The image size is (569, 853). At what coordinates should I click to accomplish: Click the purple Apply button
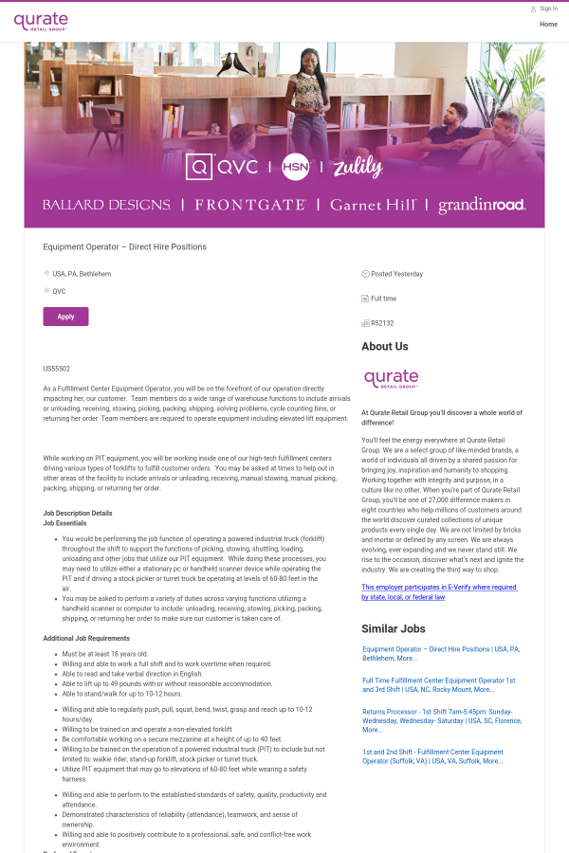click(x=65, y=317)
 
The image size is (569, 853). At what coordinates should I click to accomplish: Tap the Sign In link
click(x=548, y=9)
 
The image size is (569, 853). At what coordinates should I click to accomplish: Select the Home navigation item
click(x=548, y=24)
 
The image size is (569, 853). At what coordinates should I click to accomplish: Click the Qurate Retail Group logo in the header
click(x=41, y=21)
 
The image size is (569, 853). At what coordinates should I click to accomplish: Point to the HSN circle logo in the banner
click(x=296, y=167)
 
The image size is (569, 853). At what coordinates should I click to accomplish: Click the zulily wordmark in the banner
click(x=358, y=168)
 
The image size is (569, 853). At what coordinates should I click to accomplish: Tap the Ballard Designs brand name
click(x=106, y=205)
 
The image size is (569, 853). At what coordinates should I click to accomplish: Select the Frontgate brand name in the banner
click(x=250, y=205)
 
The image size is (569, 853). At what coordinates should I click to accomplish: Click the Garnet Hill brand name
click(x=373, y=205)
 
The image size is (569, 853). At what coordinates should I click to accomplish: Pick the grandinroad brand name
click(x=482, y=205)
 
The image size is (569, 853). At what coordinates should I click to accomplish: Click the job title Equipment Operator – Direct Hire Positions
click(x=124, y=246)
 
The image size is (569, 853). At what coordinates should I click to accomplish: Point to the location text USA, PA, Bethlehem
click(x=82, y=274)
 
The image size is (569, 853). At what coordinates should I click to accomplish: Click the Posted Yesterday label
click(x=396, y=274)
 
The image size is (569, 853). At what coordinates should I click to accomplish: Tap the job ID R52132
click(x=382, y=323)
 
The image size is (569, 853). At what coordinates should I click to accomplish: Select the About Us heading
click(x=385, y=347)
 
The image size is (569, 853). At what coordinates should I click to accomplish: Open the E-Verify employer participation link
click(x=439, y=592)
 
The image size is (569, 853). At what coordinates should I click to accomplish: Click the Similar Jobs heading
click(x=393, y=628)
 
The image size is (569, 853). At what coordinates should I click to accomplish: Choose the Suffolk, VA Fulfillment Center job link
click(x=431, y=756)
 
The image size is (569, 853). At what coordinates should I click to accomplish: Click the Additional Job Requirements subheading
click(x=86, y=638)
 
